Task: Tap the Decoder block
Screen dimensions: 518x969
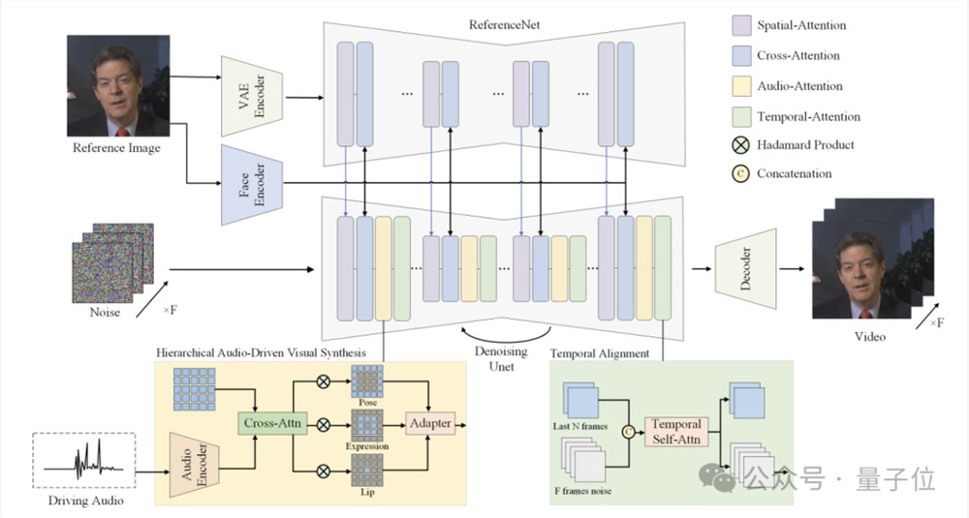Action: pyautogui.click(x=746, y=264)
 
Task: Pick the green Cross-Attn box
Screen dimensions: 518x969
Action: pyautogui.click(x=270, y=423)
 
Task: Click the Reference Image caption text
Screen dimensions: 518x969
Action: pyautogui.click(x=116, y=148)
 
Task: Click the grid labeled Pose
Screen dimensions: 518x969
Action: pyautogui.click(x=368, y=381)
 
